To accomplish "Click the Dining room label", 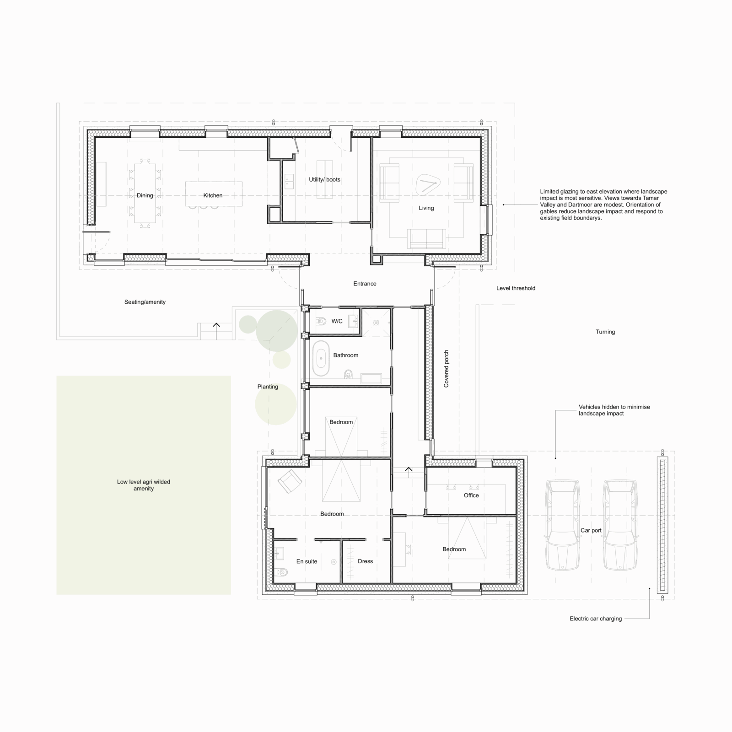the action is click(145, 195).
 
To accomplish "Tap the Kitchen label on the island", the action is click(213, 195).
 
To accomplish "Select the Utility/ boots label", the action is click(324, 179).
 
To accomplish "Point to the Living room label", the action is click(426, 208).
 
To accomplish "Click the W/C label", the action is click(337, 321).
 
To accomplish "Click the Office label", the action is click(471, 495).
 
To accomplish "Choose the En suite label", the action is click(307, 561).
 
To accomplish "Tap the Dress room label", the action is click(365, 561).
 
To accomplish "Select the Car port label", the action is click(591, 530).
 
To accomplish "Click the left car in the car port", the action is click(563, 525).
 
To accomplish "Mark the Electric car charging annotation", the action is click(596, 619).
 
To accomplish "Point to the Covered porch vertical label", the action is click(446, 369).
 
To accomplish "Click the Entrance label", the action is click(365, 284).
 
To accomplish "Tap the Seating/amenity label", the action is click(145, 302).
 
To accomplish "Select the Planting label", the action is click(268, 387).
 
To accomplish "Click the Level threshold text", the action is click(516, 288).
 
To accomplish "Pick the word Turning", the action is click(605, 332).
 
